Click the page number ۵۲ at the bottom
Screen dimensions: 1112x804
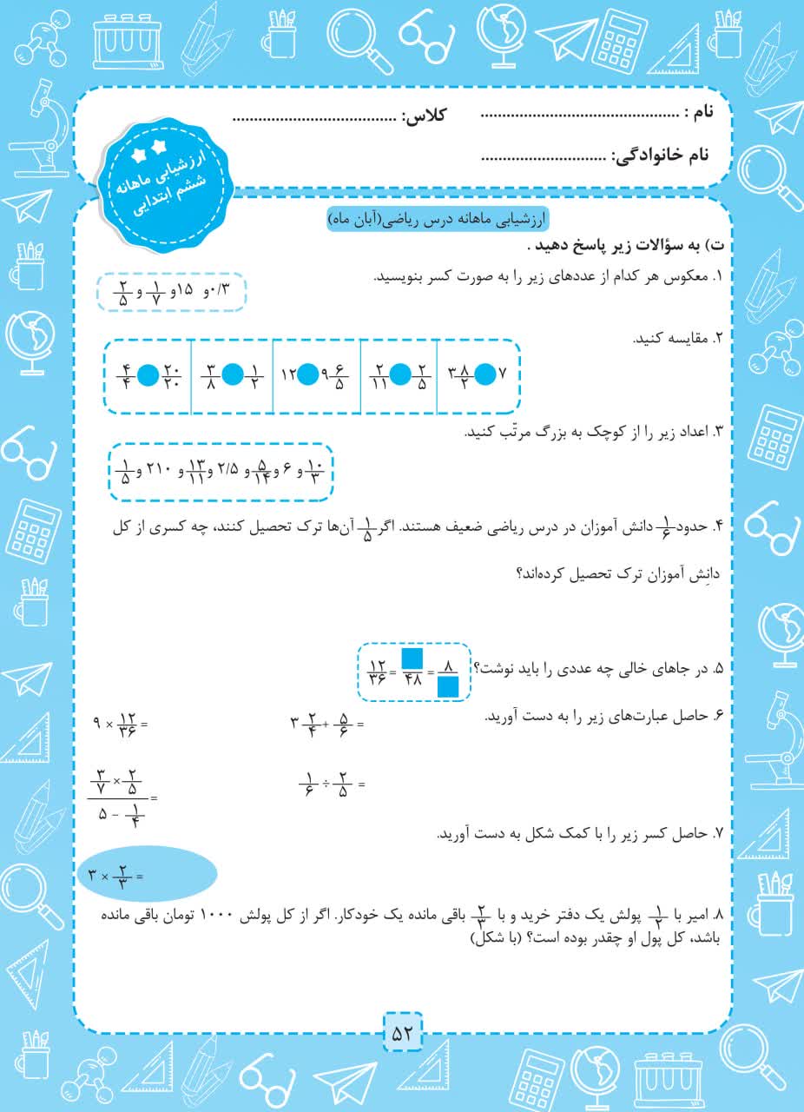pyautogui.click(x=402, y=1034)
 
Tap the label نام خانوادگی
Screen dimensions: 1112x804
pyautogui.click(x=662, y=156)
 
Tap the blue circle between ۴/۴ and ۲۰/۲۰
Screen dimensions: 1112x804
pyautogui.click(x=149, y=375)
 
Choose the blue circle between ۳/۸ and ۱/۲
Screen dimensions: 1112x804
pyautogui.click(x=233, y=375)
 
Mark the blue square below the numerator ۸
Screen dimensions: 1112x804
pyautogui.click(x=448, y=688)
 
